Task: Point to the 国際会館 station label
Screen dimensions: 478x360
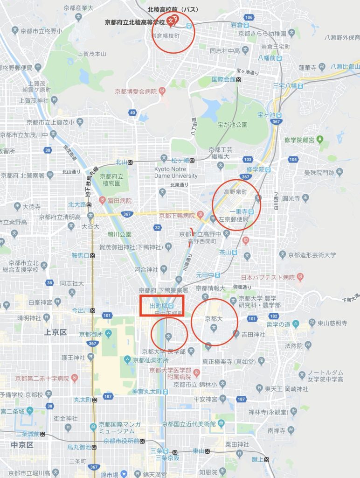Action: point(223,79)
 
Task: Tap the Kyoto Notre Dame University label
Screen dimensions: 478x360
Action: point(176,172)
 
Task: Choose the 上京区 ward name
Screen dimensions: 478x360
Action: point(55,332)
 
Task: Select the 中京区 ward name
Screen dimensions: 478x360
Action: point(22,445)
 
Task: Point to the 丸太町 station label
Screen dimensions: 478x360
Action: point(83,400)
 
